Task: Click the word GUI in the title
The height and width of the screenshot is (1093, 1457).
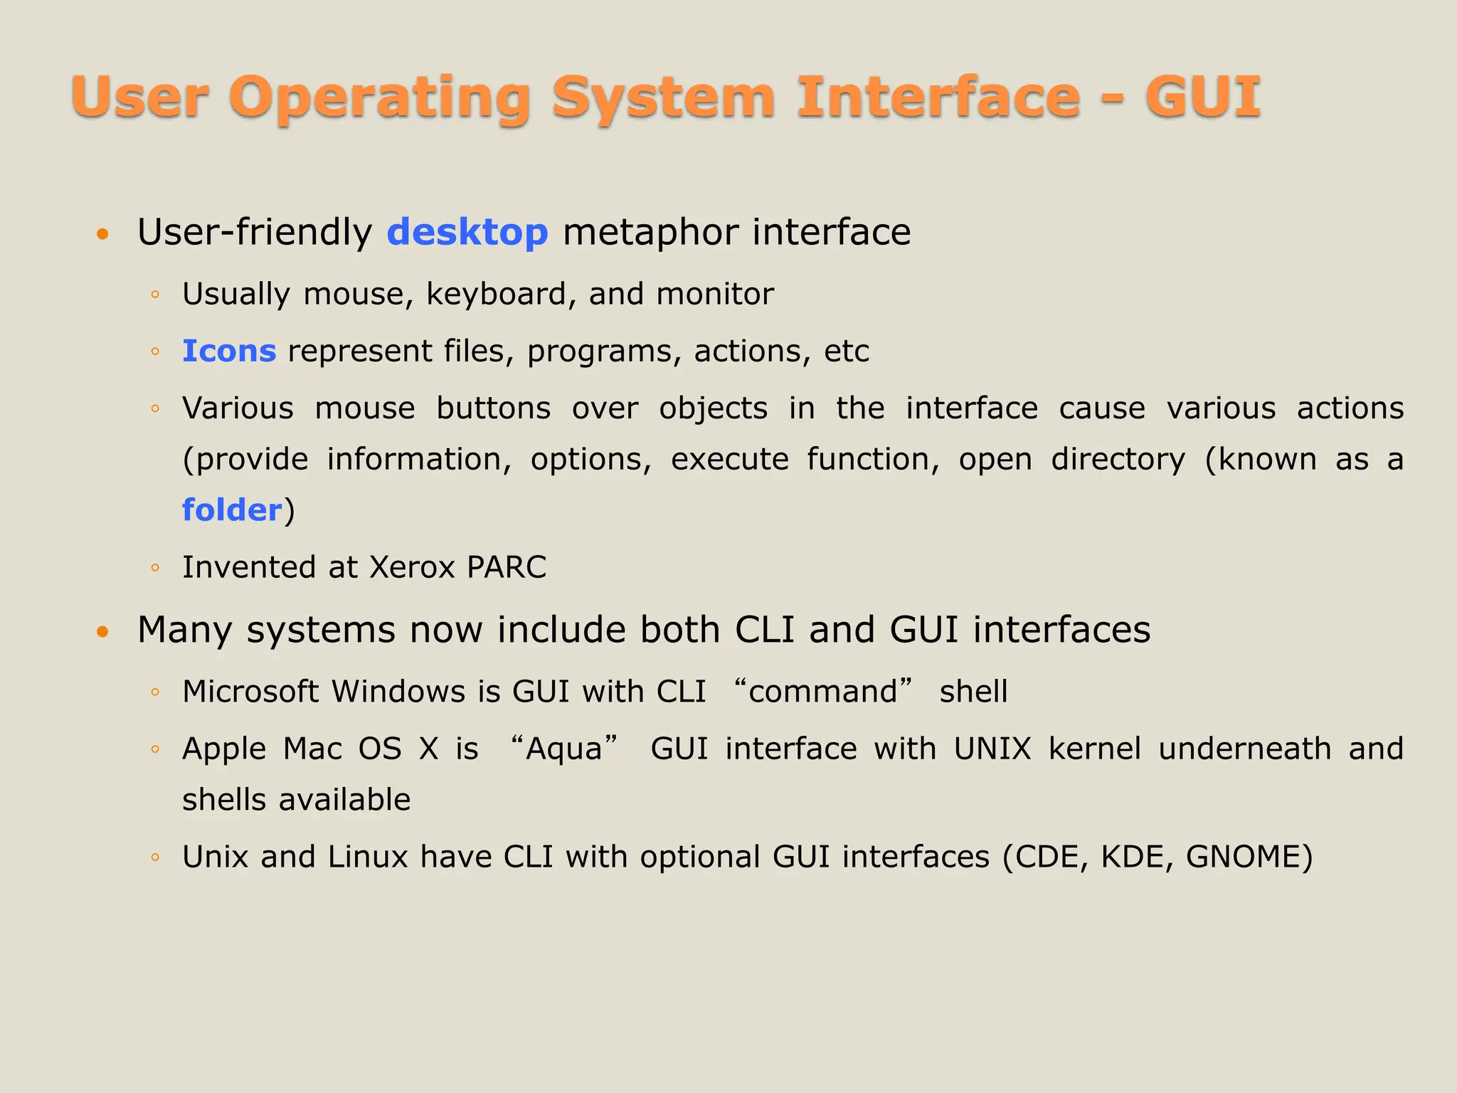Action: [1202, 97]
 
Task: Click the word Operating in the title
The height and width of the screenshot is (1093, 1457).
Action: [379, 98]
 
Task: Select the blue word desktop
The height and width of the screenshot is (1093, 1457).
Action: [467, 233]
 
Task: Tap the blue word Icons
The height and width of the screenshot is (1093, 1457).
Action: [229, 351]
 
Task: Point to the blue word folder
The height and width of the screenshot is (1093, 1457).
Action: [232, 510]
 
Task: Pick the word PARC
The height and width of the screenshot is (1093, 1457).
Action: [507, 567]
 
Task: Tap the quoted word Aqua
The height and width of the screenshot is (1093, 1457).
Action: [564, 749]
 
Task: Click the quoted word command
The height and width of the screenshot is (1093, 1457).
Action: [823, 692]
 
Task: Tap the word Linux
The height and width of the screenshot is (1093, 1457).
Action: [368, 857]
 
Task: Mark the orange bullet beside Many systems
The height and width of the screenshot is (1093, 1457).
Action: [103, 631]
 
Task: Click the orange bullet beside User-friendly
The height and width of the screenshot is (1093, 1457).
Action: [103, 234]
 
